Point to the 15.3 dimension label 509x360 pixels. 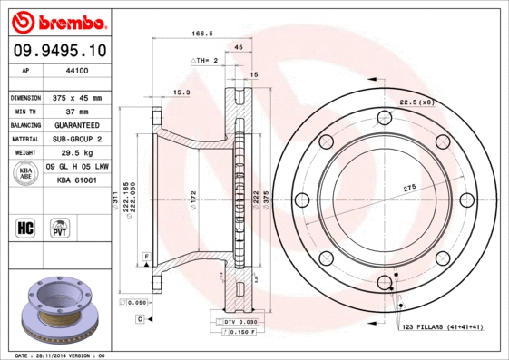tap(181, 92)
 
